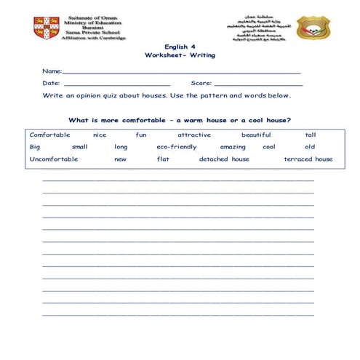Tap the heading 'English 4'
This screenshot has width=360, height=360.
point(180,46)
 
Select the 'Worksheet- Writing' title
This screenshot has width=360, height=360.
point(180,55)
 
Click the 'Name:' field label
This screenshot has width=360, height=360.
point(52,71)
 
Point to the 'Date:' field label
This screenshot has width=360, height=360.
point(51,83)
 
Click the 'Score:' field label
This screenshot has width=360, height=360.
point(201,83)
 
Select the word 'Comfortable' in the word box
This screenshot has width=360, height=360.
point(49,135)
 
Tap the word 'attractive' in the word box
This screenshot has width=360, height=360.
point(193,135)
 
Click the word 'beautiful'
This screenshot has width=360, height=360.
point(256,135)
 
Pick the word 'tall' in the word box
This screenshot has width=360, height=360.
point(311,135)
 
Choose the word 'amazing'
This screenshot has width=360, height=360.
point(233,147)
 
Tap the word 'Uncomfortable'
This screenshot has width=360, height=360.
point(54,159)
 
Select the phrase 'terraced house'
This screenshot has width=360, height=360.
point(308,159)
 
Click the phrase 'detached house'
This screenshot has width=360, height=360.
point(224,159)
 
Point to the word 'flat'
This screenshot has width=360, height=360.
point(163,159)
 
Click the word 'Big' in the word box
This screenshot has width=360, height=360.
point(35,147)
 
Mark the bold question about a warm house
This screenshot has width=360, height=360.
point(180,120)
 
